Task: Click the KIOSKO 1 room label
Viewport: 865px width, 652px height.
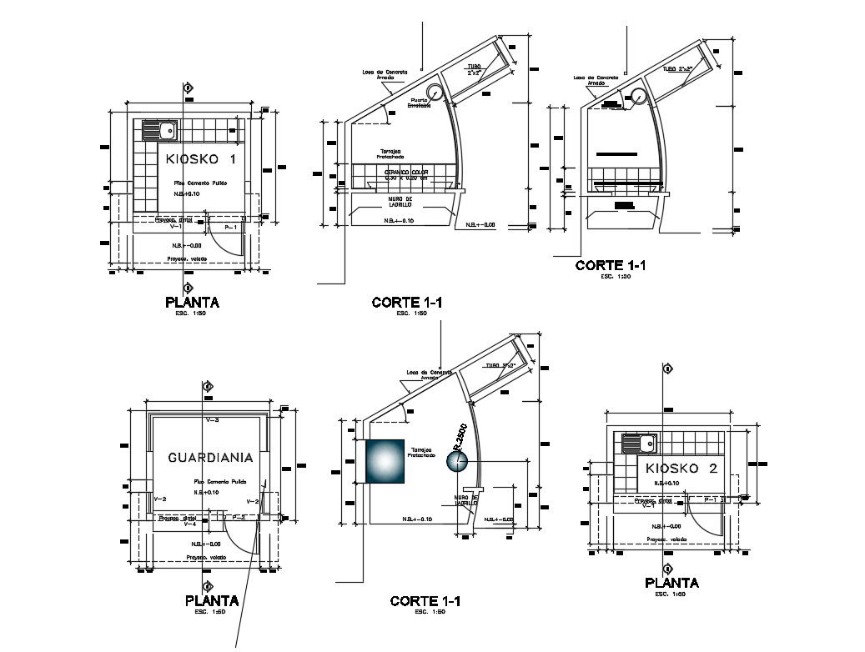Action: [x=200, y=159]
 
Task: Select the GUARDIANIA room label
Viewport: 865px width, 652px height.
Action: [x=210, y=458]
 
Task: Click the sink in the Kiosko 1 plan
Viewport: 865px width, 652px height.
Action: [x=158, y=130]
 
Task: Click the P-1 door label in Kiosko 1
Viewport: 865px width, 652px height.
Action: [x=231, y=227]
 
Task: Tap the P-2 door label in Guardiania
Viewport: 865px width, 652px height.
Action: [x=238, y=517]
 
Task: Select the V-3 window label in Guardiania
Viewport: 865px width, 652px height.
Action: [x=211, y=420]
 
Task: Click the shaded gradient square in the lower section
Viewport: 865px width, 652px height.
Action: [x=385, y=462]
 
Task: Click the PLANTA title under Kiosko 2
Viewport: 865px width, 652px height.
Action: [x=671, y=584]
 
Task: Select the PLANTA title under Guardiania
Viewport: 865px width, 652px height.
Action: [x=211, y=600]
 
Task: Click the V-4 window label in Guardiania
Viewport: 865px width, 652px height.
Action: [x=189, y=524]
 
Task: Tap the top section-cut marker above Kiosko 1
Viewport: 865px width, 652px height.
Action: [x=189, y=87]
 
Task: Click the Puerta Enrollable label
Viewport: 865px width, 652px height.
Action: [x=419, y=103]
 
